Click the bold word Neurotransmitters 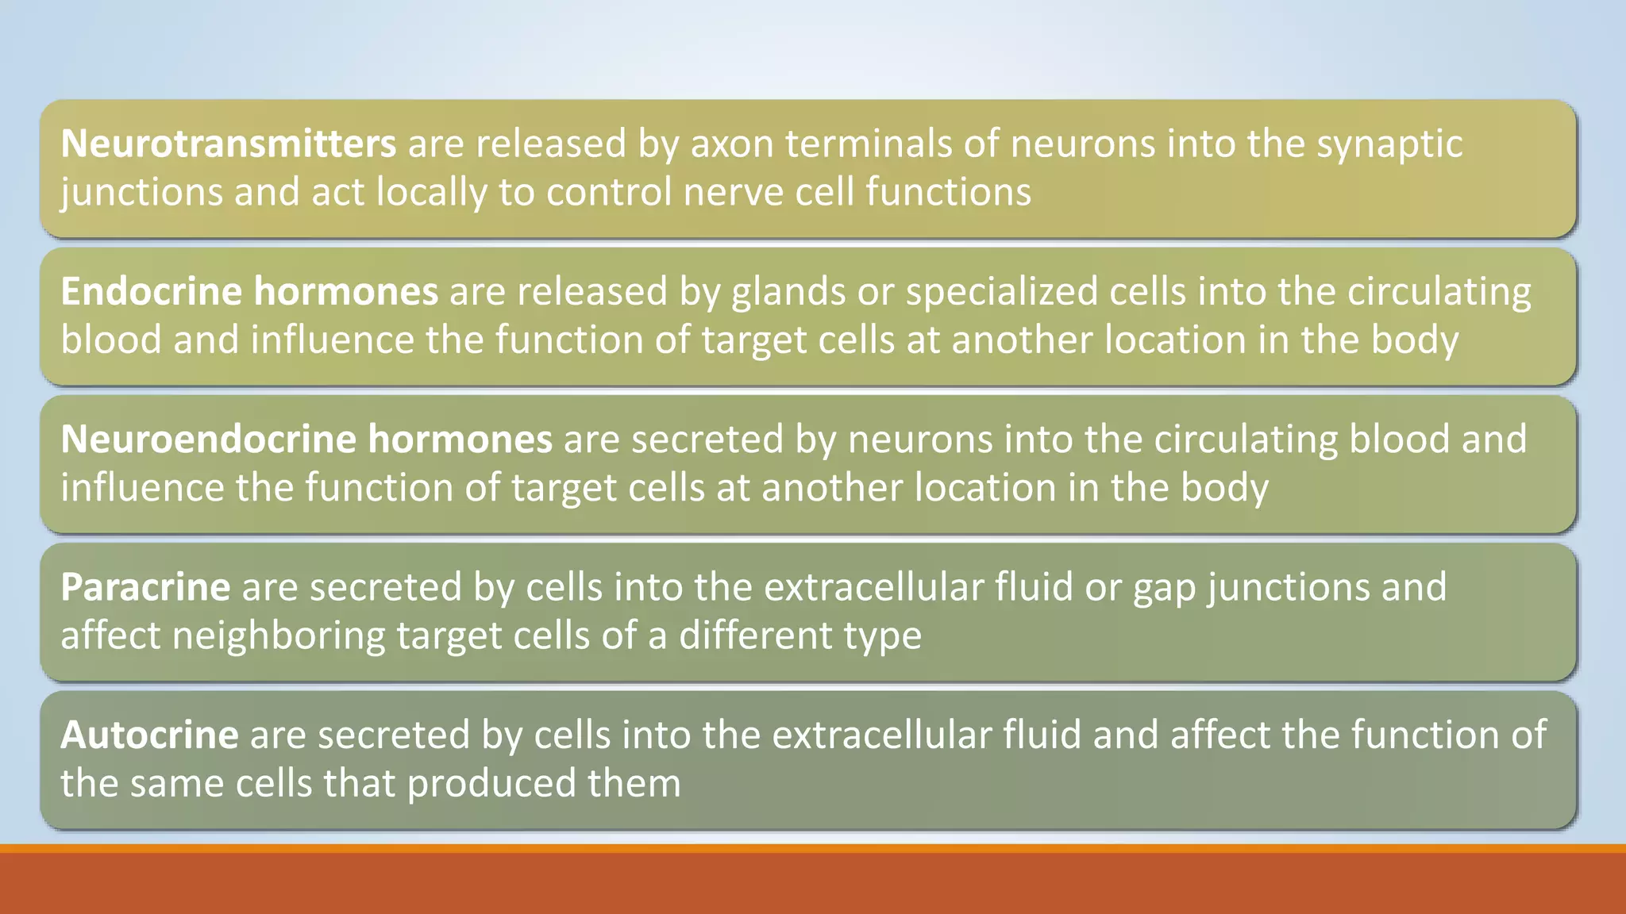(x=228, y=144)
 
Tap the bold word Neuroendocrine (x=208, y=439)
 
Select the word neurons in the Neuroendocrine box (x=920, y=440)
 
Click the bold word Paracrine (x=145, y=587)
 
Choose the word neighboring (x=279, y=636)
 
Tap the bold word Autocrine (x=149, y=735)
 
